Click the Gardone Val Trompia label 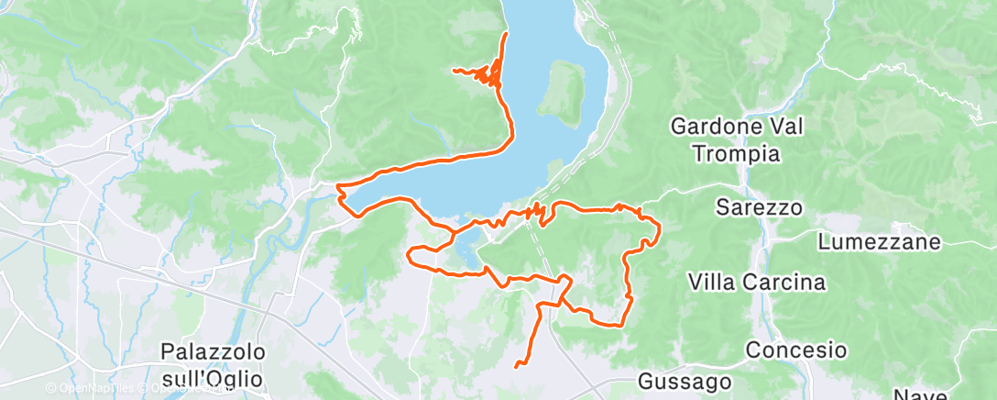[738, 139]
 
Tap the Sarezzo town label [760, 208]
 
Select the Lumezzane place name [880, 242]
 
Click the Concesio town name [795, 350]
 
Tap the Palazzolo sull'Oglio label [213, 364]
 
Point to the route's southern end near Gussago [517, 366]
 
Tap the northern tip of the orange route [507, 34]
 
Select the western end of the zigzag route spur [455, 70]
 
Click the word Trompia [737, 153]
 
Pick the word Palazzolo [213, 351]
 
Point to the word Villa [711, 281]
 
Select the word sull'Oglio [213, 378]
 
